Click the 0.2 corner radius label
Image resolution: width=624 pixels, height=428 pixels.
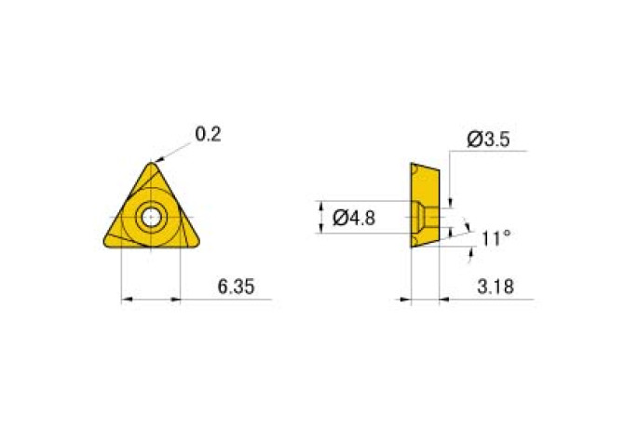tap(208, 134)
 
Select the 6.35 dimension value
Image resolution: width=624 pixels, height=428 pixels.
tap(236, 287)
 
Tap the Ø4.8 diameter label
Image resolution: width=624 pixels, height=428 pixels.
tap(354, 218)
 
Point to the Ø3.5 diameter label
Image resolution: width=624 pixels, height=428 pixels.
tap(488, 140)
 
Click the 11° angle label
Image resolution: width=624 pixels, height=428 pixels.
tap(495, 238)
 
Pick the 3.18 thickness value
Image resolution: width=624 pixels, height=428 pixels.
tap(495, 287)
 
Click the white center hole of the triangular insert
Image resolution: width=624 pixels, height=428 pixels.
tap(151, 217)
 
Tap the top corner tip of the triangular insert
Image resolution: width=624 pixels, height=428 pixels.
tap(151, 163)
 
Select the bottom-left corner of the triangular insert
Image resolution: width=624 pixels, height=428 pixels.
tap(104, 243)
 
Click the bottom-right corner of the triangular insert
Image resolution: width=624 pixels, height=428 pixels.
tap(197, 243)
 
